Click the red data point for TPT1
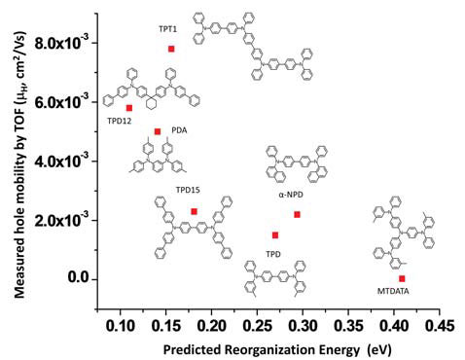coord(171,49)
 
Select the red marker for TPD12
coord(128,108)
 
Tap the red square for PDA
coord(157,131)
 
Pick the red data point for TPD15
coord(194,211)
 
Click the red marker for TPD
coord(275,235)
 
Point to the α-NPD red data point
coord(298,214)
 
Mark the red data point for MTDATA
coord(402,278)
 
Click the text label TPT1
coord(167,29)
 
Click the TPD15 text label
coord(187,192)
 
